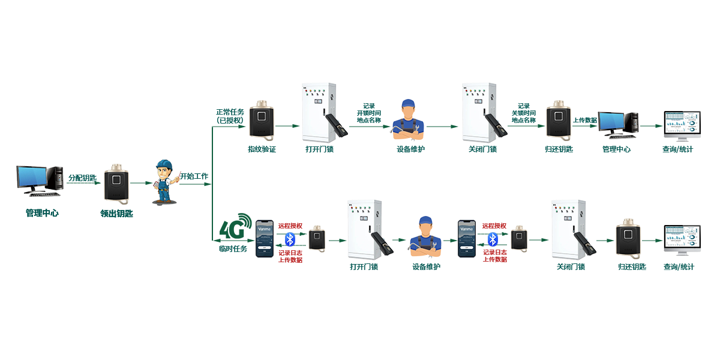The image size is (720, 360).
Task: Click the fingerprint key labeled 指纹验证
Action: (x=262, y=121)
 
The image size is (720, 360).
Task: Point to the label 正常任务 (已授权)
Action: (x=230, y=116)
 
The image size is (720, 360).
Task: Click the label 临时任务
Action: (x=233, y=248)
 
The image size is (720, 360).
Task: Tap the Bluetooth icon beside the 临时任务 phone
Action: (x=290, y=239)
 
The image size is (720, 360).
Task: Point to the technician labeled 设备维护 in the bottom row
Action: (x=425, y=236)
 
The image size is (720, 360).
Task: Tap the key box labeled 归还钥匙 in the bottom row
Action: (x=628, y=239)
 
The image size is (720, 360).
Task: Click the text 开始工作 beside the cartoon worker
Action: (x=194, y=177)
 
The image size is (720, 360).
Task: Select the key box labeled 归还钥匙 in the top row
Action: (x=558, y=121)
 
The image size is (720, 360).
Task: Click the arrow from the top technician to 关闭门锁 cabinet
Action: (x=443, y=126)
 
